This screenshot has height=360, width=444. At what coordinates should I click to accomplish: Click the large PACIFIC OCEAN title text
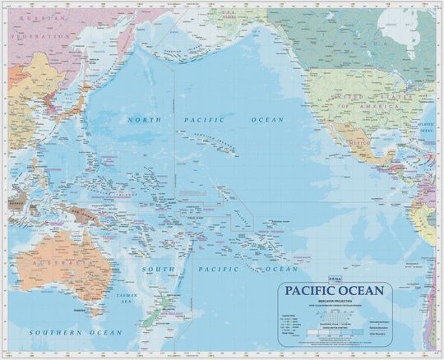coord(336,291)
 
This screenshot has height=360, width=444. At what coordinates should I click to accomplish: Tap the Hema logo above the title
coord(289,279)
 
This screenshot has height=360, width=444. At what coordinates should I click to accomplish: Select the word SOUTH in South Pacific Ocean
coord(160,269)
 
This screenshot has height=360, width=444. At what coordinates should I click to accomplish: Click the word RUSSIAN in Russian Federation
coord(36,17)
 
